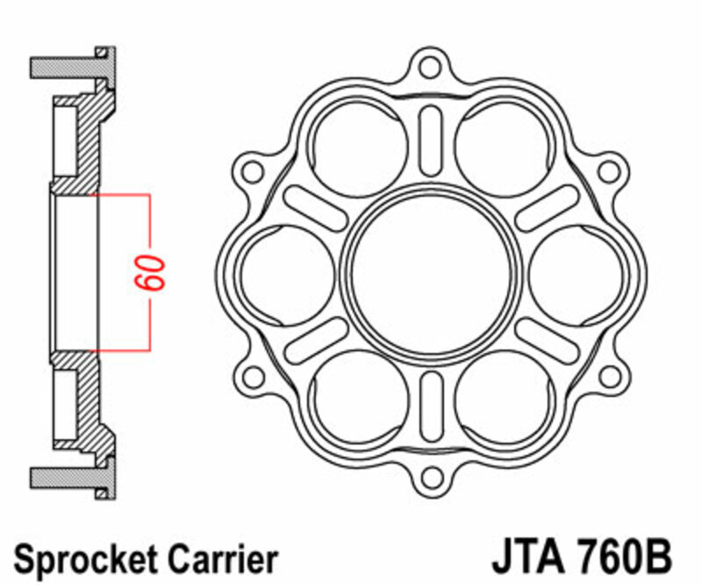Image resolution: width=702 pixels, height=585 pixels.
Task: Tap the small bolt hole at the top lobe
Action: coord(429,65)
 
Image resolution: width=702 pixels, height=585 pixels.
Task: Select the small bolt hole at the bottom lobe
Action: coord(429,479)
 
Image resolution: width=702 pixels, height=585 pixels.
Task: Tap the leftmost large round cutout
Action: coord(286,271)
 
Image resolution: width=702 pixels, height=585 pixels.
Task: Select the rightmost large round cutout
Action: coord(575,271)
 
